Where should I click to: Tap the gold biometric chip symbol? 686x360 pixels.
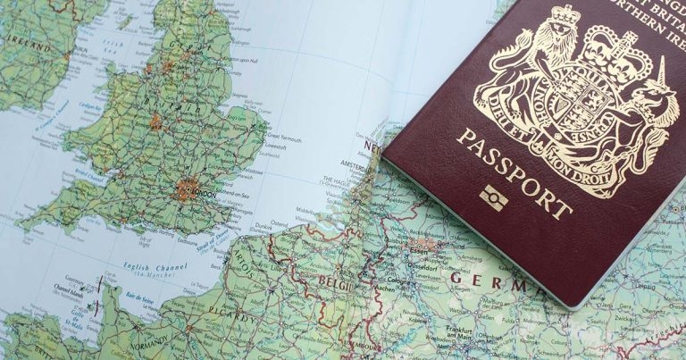493,197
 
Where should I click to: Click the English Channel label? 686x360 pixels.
150,265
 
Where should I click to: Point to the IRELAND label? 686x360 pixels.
27,45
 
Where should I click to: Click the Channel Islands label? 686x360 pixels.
66,289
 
